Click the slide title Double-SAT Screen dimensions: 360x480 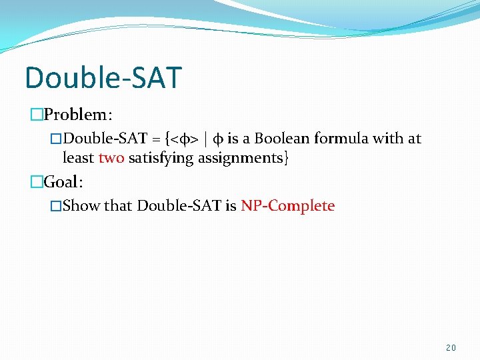tap(103, 77)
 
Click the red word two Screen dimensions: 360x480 tap(111, 159)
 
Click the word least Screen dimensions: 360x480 tap(78, 159)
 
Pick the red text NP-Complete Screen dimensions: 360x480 tap(287, 205)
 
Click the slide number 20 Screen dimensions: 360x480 tap(451, 348)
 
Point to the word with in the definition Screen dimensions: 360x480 tap(390, 139)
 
